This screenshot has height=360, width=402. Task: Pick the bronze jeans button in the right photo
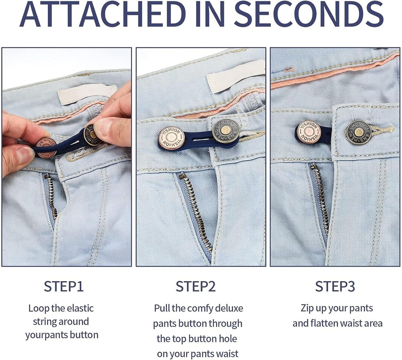(x=358, y=132)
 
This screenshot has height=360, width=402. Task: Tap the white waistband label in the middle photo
(x=235, y=74)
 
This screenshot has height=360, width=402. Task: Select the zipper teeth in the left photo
(x=51, y=197)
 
